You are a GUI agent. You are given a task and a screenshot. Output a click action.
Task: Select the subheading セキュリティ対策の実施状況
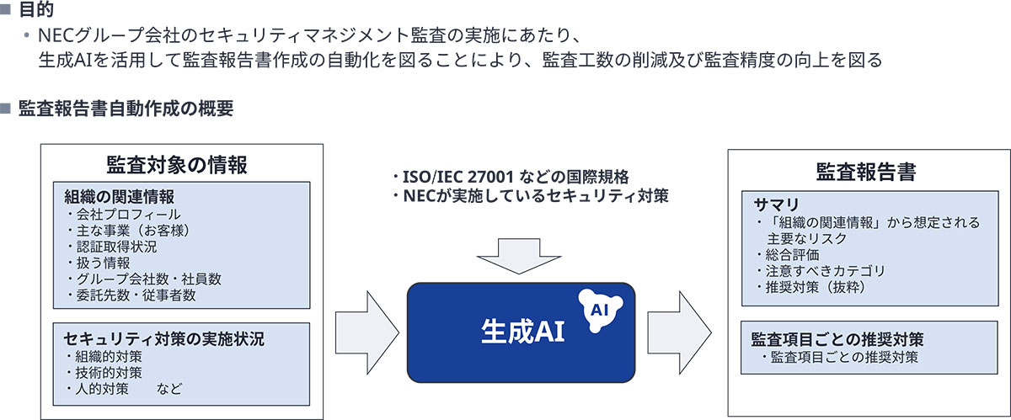(x=164, y=339)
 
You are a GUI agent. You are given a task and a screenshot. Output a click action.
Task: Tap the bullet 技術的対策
(x=107, y=372)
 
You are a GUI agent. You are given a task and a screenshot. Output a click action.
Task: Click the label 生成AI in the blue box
(x=522, y=330)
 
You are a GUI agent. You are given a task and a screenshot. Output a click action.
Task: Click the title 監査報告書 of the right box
(x=866, y=173)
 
